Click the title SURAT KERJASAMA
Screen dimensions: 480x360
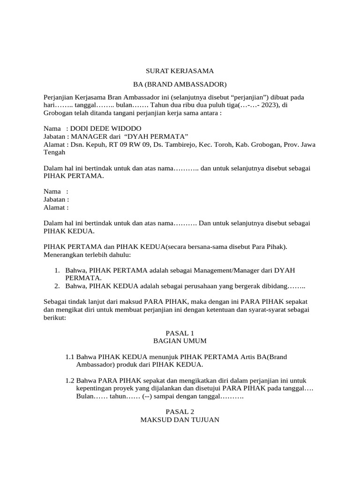[x=180, y=71]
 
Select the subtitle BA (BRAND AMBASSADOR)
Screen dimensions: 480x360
[x=180, y=84]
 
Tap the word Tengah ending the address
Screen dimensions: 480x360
[x=54, y=153]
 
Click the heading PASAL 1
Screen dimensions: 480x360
[x=180, y=332]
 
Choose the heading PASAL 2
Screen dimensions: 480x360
[x=180, y=411]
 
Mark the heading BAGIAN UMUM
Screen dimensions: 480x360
[x=180, y=340]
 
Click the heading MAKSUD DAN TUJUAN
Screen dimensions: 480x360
[x=180, y=419]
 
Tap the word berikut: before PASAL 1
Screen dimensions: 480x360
[x=55, y=317]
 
